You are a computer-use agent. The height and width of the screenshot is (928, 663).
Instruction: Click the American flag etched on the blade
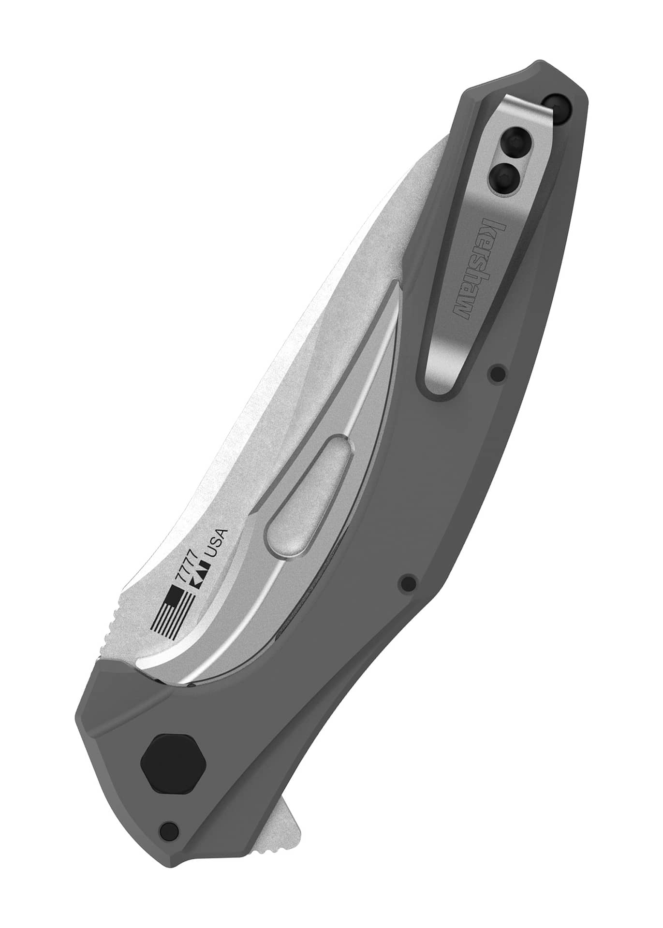pos(173,612)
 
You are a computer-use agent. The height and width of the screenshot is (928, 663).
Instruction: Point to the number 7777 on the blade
pos(186,567)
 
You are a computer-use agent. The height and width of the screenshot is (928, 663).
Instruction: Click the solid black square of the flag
pos(173,594)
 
